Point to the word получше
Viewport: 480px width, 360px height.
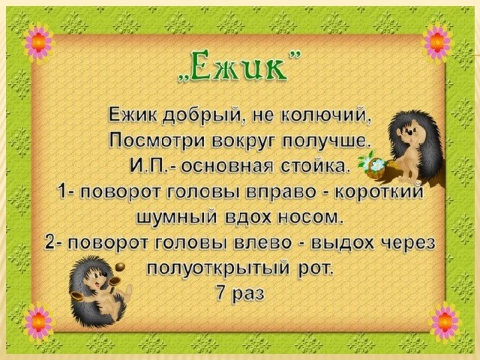pyautogui.click(x=324, y=142)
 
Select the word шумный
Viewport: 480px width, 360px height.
pyautogui.click(x=177, y=218)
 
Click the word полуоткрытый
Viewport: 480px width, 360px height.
pyautogui.click(x=218, y=268)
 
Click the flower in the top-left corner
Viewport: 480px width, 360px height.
pyautogui.click(x=38, y=43)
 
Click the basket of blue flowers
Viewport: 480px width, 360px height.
pyautogui.click(x=375, y=168)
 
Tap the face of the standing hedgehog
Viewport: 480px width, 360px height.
pyautogui.click(x=408, y=130)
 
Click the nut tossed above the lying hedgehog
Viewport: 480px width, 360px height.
pyautogui.click(x=121, y=267)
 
